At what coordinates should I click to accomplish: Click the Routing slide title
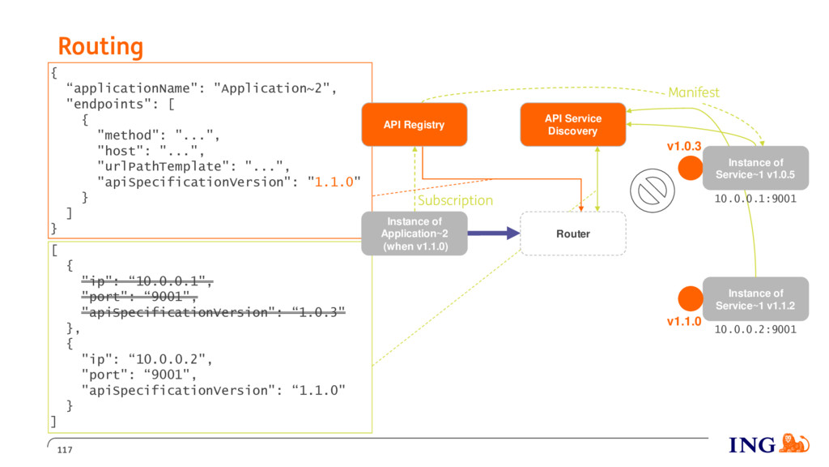(100, 46)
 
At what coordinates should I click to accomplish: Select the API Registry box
(414, 124)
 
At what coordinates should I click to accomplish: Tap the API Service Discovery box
(573, 124)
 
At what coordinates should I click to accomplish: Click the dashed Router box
(573, 233)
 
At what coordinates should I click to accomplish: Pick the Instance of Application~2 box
(414, 233)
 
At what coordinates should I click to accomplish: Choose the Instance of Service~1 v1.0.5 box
(755, 168)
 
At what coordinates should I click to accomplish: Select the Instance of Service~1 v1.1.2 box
(755, 299)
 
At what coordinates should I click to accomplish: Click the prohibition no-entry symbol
(653, 191)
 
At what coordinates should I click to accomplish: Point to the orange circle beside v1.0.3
(691, 168)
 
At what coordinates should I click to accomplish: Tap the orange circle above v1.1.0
(691, 298)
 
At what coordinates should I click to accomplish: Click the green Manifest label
(694, 92)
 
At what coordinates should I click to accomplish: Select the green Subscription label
(455, 201)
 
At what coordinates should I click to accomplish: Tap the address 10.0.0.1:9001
(755, 199)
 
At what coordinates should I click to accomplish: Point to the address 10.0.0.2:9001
(755, 329)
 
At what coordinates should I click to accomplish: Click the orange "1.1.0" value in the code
(334, 182)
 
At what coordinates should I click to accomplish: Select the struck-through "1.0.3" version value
(318, 312)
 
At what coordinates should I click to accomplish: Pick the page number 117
(65, 450)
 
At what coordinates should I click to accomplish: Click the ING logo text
(752, 445)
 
